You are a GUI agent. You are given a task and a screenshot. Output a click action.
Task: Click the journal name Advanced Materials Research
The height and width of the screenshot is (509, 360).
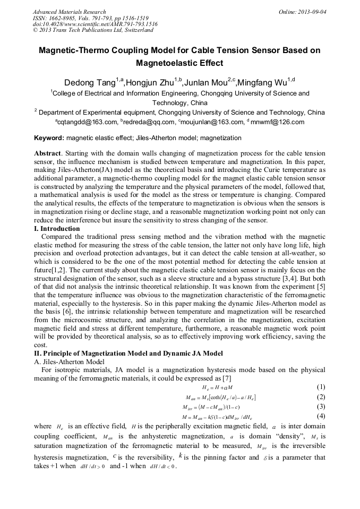[69, 12]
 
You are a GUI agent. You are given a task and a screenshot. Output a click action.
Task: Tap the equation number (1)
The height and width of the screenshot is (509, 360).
[320, 387]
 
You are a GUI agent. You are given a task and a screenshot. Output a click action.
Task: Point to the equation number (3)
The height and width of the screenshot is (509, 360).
[320, 407]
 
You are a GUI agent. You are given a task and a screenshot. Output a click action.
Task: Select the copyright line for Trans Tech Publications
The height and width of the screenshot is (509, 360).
[93, 30]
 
